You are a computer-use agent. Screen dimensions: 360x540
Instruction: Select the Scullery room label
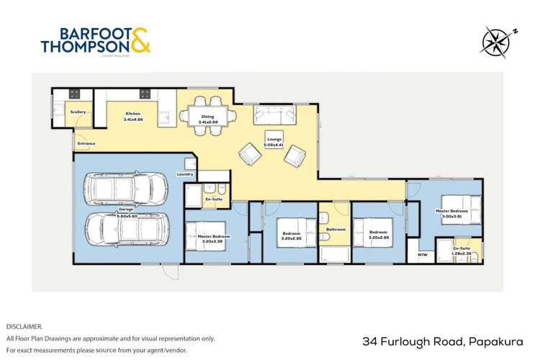click(78, 112)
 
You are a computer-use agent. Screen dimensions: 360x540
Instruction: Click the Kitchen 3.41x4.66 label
click(133, 116)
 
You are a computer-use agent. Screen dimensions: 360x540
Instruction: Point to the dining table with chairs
click(207, 116)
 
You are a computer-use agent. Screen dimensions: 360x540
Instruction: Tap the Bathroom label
click(336, 230)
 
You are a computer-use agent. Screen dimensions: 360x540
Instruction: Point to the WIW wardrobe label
click(422, 253)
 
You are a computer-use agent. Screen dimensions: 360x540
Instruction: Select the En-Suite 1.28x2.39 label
click(462, 251)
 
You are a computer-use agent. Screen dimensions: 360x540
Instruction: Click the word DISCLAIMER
click(24, 326)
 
